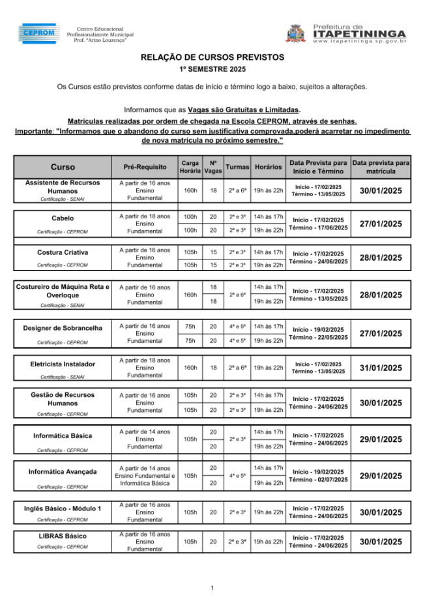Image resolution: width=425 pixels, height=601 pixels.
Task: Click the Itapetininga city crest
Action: point(295,33)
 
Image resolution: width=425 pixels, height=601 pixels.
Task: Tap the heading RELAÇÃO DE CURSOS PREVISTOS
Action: point(212,58)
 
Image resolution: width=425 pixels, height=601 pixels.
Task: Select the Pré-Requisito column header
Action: point(145,168)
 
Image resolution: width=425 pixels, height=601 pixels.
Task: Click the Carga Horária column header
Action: point(190,167)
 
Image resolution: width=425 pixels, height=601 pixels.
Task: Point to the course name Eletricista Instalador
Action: point(63,364)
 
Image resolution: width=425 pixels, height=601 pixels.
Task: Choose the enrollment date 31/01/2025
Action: point(381,368)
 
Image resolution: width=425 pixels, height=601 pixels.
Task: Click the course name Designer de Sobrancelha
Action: point(63,328)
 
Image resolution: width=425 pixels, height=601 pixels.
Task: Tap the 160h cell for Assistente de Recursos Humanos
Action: point(190,190)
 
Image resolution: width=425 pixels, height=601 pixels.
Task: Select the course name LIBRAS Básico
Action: point(63,536)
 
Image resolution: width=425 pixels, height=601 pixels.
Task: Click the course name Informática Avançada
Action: point(63,471)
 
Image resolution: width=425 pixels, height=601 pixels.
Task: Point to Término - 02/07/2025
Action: point(318,480)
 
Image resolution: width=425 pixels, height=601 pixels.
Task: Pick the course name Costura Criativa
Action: point(63,252)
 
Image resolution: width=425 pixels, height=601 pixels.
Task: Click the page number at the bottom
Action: point(212,588)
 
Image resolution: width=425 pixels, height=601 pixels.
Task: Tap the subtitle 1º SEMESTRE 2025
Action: point(212,69)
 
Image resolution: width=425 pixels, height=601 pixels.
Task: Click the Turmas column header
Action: point(237,167)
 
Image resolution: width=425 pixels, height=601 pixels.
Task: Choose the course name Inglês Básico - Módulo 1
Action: point(63,508)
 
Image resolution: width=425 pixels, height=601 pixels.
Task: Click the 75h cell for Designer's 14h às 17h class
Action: point(190,326)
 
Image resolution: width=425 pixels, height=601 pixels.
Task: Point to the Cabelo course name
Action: point(63,218)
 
